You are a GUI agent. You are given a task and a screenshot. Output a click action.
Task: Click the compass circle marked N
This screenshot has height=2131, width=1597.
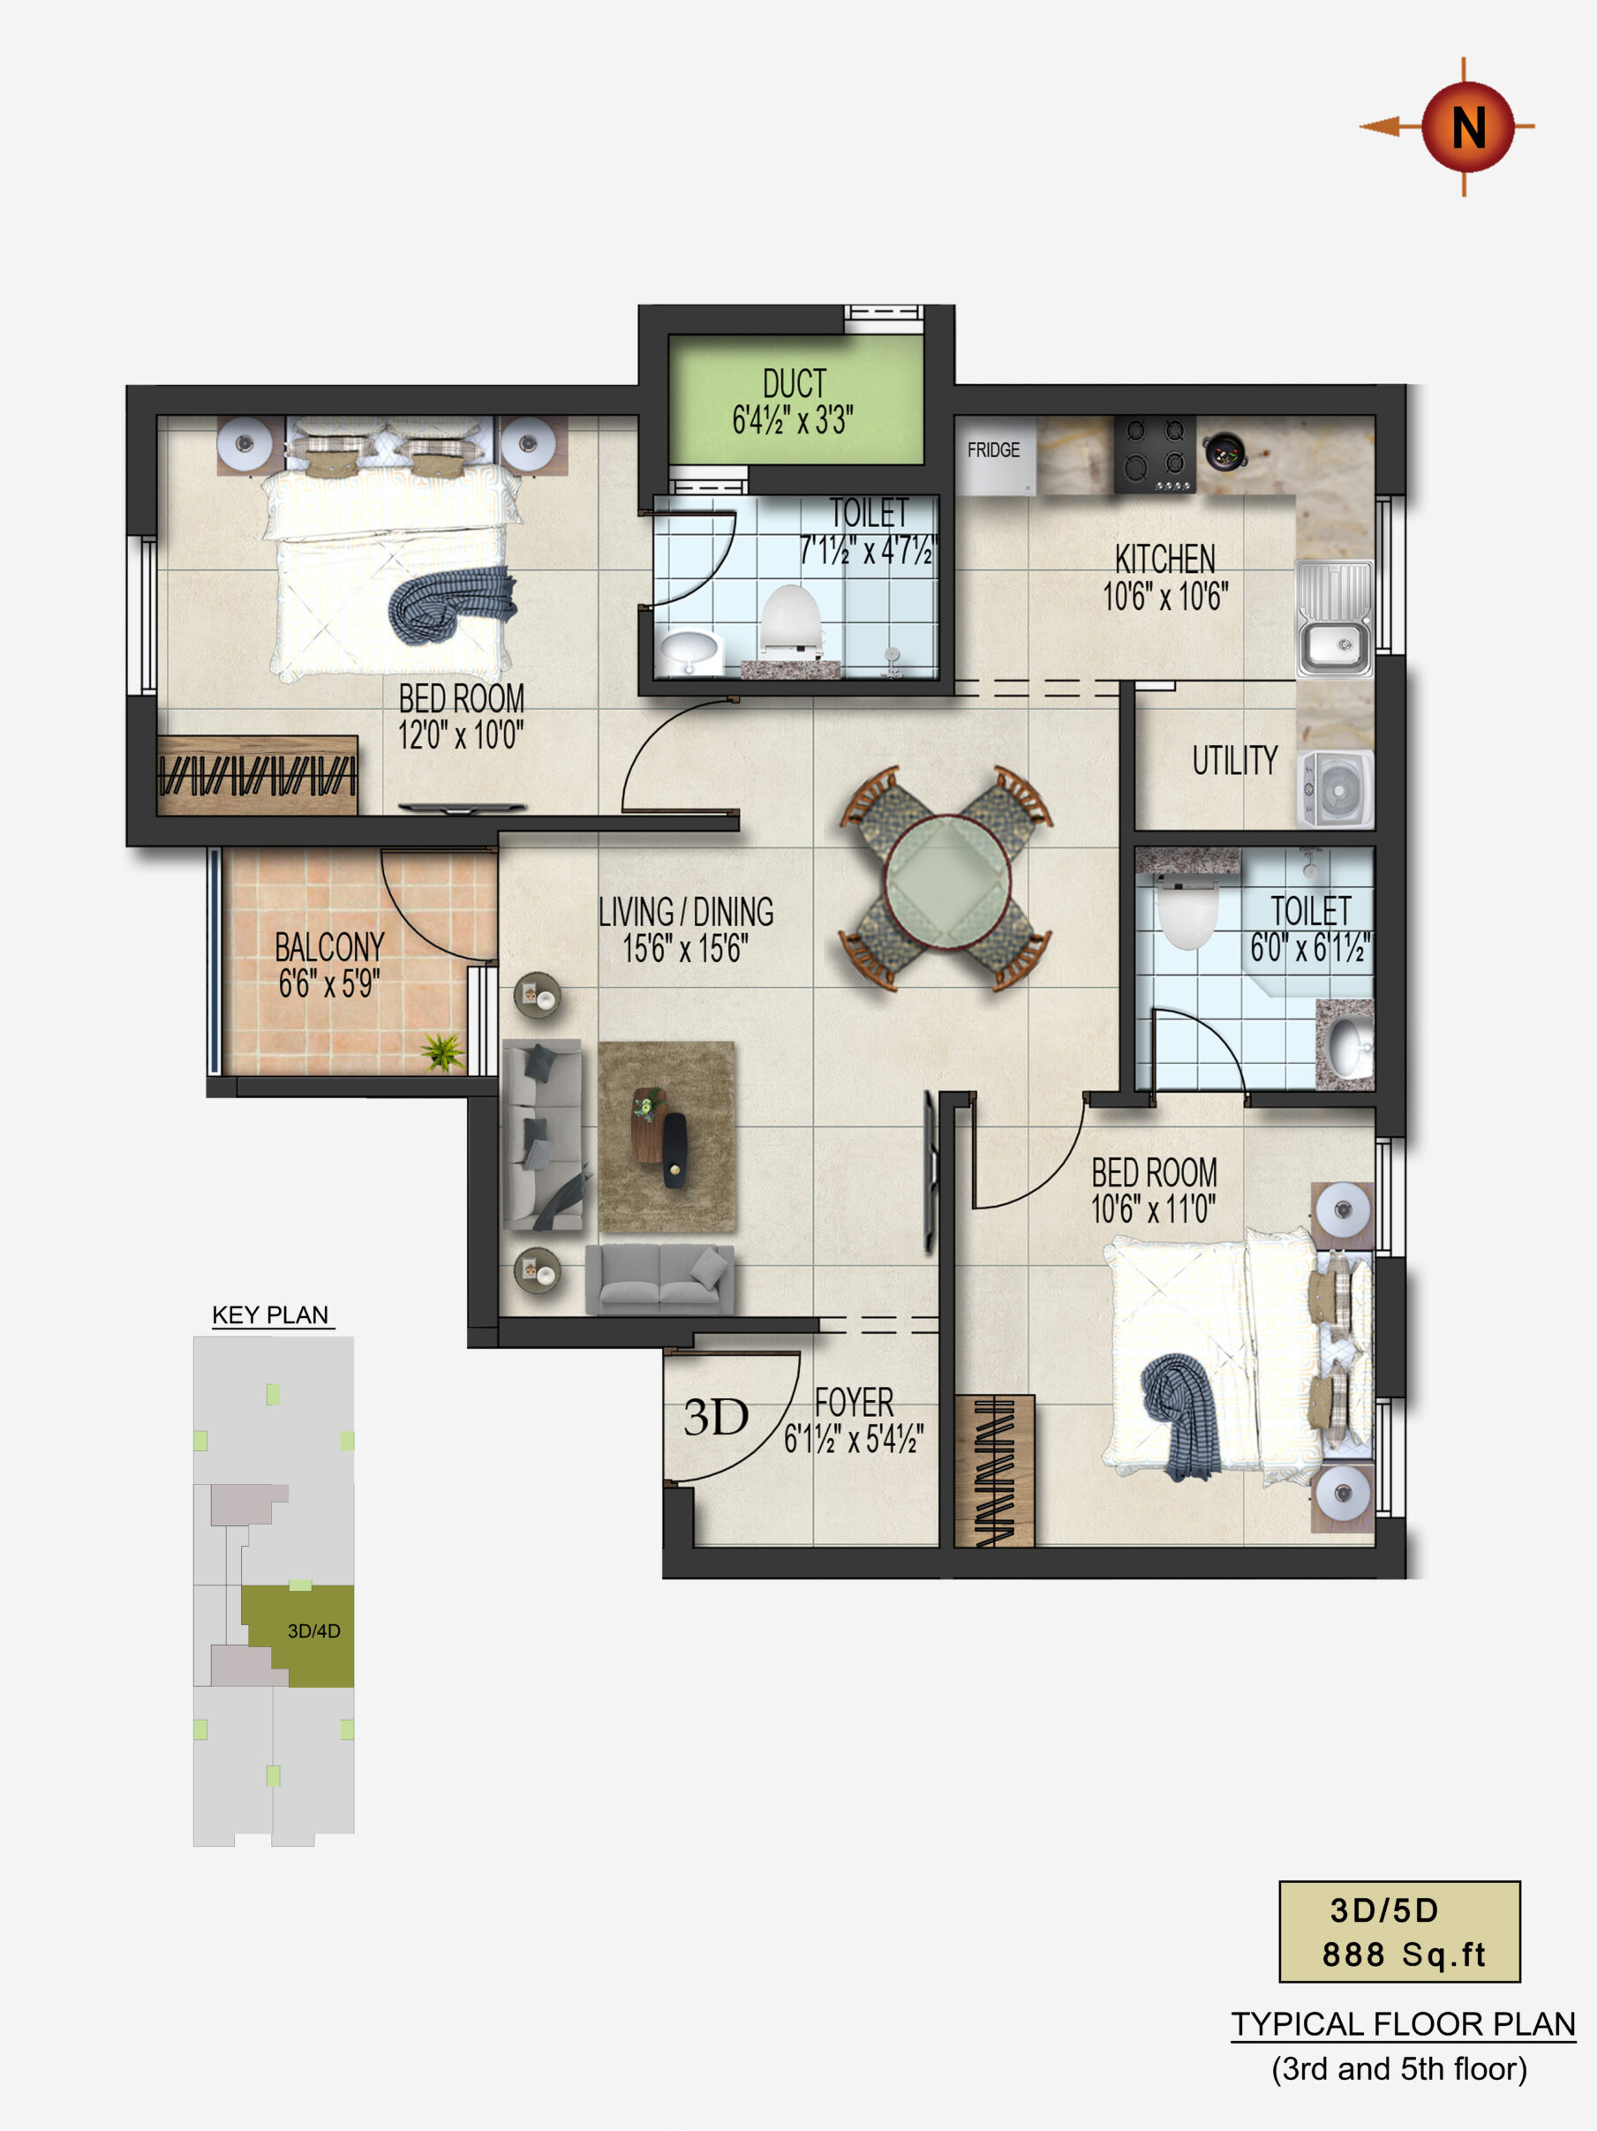tap(1467, 127)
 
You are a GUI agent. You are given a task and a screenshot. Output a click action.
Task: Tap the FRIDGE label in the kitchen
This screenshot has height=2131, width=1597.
tap(993, 450)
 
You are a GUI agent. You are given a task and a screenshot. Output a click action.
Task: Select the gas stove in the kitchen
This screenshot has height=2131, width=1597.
tap(1155, 455)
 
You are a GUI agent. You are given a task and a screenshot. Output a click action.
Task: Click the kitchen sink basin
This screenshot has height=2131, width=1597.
tap(1334, 644)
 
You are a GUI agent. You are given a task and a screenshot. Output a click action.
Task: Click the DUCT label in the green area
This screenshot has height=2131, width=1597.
tap(795, 383)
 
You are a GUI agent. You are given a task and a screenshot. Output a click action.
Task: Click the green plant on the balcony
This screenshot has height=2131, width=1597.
tap(442, 1051)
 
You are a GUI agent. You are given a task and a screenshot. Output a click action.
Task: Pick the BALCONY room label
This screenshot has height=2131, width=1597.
tap(329, 947)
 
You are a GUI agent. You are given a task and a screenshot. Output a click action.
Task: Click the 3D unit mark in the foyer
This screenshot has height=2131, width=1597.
tap(716, 1417)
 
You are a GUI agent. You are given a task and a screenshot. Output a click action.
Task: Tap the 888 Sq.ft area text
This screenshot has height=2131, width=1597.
tap(1403, 1954)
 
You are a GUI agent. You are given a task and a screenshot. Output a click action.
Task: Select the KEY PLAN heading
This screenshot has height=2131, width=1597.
tap(271, 1315)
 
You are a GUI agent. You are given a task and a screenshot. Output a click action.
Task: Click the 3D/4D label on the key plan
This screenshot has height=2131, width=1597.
tap(314, 1631)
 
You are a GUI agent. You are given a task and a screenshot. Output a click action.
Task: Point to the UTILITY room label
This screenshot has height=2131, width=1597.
tap(1235, 761)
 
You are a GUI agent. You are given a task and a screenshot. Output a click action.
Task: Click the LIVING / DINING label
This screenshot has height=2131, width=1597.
tap(686, 911)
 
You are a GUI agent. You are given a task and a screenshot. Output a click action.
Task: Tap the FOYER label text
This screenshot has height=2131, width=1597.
tap(854, 1403)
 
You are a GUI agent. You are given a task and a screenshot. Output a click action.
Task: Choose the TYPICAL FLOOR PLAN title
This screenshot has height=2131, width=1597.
tap(1404, 2024)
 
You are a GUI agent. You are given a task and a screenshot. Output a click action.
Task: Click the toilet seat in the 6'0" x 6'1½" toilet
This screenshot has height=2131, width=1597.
tap(1186, 916)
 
